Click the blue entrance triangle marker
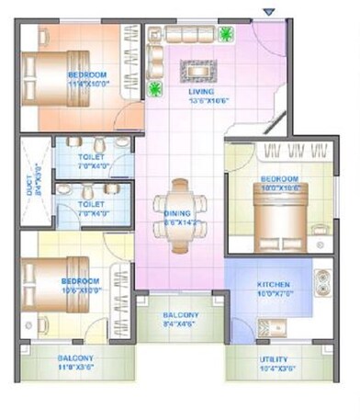[268, 11]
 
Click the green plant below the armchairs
[154, 89]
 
